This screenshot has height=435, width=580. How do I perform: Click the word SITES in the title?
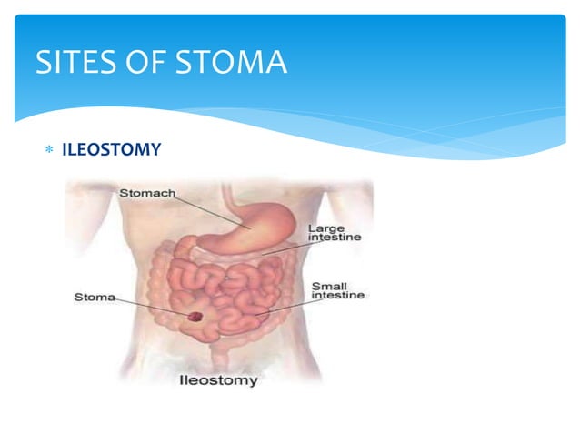pyautogui.click(x=72, y=62)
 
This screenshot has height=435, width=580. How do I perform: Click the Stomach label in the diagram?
pyautogui.click(x=148, y=192)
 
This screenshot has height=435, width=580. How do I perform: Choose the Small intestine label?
pyautogui.click(x=337, y=290)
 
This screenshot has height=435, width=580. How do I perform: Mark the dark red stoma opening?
pyautogui.click(x=195, y=316)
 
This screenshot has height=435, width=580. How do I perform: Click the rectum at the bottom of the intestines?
pyautogui.click(x=216, y=350)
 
